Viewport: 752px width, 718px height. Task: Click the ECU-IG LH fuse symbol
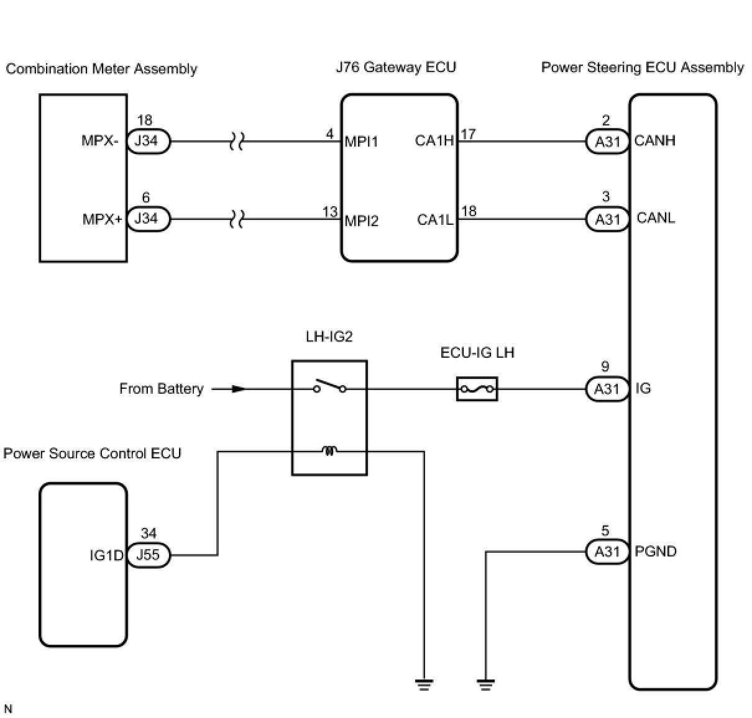[x=477, y=389]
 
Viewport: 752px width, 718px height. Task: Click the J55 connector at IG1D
[x=148, y=555]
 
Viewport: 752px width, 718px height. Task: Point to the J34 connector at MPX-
[x=148, y=141]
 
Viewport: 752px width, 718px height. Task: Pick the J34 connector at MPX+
[x=148, y=219]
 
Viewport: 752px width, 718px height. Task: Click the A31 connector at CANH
[x=607, y=142]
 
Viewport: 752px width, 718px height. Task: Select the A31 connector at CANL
[x=607, y=219]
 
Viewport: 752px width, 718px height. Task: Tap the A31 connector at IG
[x=607, y=389]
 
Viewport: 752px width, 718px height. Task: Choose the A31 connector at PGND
[x=607, y=552]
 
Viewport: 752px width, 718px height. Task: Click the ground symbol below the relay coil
[x=424, y=684]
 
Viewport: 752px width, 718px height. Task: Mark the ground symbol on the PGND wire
[x=485, y=684]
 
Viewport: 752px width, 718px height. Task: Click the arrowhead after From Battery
[x=239, y=389]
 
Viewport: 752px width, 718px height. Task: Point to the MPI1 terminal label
[x=361, y=142]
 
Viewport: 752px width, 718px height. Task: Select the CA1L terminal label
[x=435, y=220]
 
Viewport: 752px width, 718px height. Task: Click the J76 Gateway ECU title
[x=396, y=67]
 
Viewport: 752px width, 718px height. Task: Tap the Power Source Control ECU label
[x=92, y=453]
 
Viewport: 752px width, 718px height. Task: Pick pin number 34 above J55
[x=149, y=534]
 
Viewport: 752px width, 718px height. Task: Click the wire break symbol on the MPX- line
[x=236, y=142]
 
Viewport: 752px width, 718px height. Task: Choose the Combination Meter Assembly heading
[x=101, y=68]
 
